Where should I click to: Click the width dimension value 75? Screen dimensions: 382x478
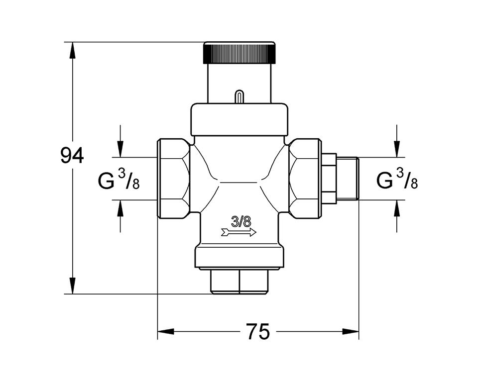pos(258,331)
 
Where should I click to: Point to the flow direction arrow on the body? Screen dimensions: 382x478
pos(239,232)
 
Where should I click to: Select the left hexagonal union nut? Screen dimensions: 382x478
pos(173,179)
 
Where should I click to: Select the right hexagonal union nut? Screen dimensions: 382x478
pos(305,179)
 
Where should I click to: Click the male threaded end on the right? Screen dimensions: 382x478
pos(348,179)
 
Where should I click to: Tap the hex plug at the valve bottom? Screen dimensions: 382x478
pos(239,282)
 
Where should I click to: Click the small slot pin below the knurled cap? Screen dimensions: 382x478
pos(239,96)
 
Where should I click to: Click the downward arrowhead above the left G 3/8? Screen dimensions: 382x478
pos(120,149)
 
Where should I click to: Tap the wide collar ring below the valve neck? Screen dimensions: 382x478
pos(239,119)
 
